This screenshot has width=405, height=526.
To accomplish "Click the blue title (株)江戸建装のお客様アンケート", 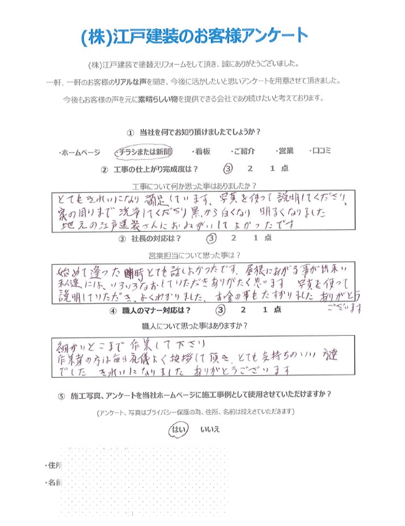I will coord(195,37).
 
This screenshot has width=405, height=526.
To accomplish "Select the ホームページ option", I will coord(80,153).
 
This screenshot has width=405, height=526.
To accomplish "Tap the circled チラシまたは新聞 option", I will coord(142,152).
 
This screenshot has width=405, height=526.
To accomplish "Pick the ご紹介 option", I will coord(243,152).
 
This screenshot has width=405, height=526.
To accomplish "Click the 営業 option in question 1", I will coord(285,151).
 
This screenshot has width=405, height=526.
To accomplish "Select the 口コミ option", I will coord(322,151).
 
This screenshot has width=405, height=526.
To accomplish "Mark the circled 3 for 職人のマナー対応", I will coord(221,310).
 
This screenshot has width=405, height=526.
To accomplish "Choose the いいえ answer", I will coord(210,430).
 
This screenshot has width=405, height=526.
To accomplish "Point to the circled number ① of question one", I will coord(130,133).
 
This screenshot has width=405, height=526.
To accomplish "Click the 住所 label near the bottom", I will coord(54,465).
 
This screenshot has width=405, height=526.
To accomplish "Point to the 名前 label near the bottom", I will coord(54,483).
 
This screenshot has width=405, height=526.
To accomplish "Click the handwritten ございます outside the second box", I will coord(344,309).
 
